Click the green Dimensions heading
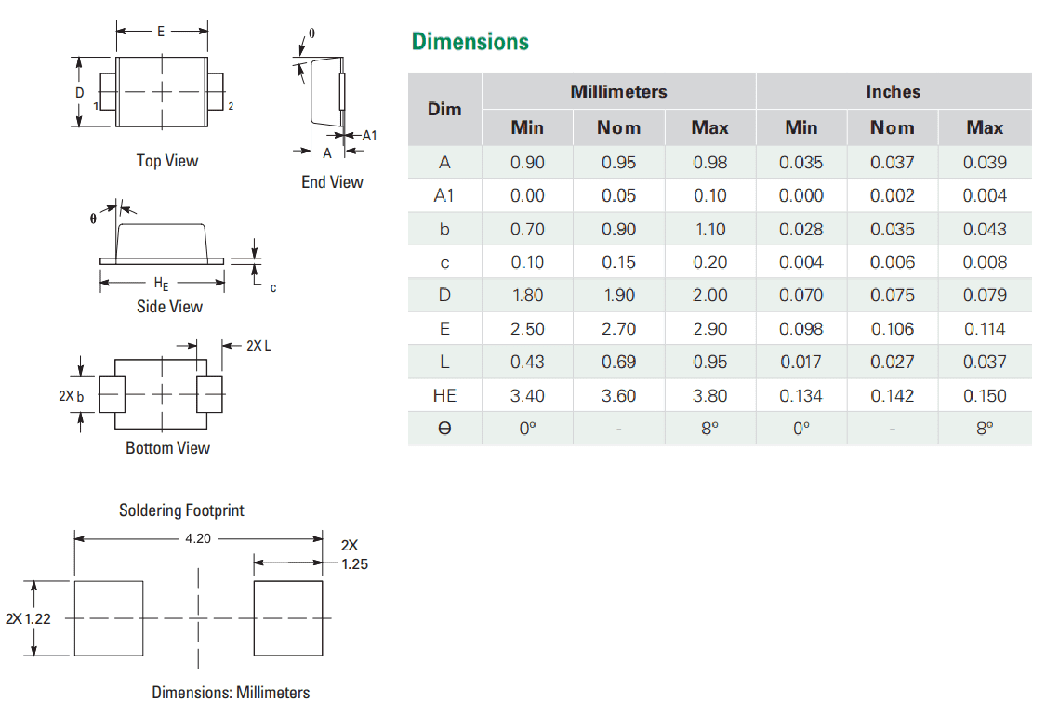(470, 42)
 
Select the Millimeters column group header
(618, 92)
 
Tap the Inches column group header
(893, 92)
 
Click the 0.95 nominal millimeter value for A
(618, 163)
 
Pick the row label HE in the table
(444, 396)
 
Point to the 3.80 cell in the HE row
(709, 396)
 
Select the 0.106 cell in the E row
(893, 329)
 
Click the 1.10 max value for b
(709, 230)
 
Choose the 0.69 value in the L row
(618, 363)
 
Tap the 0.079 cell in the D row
(985, 296)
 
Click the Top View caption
(167, 161)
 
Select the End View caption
(332, 182)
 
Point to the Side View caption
(169, 307)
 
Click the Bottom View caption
(168, 448)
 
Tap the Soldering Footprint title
(181, 510)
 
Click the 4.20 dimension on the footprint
(198, 538)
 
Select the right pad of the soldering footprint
(288, 618)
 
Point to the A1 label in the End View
(369, 136)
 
